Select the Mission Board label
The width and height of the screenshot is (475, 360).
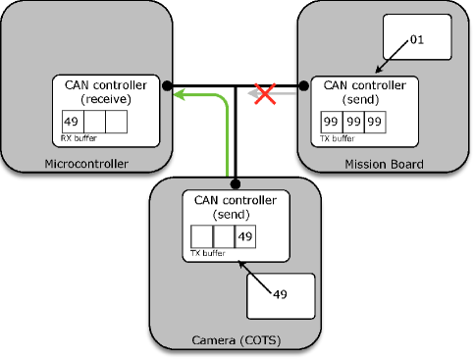click(384, 164)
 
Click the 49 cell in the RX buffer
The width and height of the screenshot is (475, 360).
click(71, 123)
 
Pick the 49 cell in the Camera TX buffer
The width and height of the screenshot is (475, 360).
click(244, 237)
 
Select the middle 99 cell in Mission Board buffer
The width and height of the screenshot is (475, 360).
click(353, 123)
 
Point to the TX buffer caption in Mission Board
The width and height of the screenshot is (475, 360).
click(339, 138)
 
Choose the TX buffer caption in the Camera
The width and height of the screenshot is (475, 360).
click(205, 253)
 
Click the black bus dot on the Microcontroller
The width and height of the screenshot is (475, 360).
click(168, 85)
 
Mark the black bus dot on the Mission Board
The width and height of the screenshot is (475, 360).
click(303, 85)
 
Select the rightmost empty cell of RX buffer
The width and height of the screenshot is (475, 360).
click(115, 123)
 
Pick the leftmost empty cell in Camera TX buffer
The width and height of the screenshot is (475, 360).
click(200, 237)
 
